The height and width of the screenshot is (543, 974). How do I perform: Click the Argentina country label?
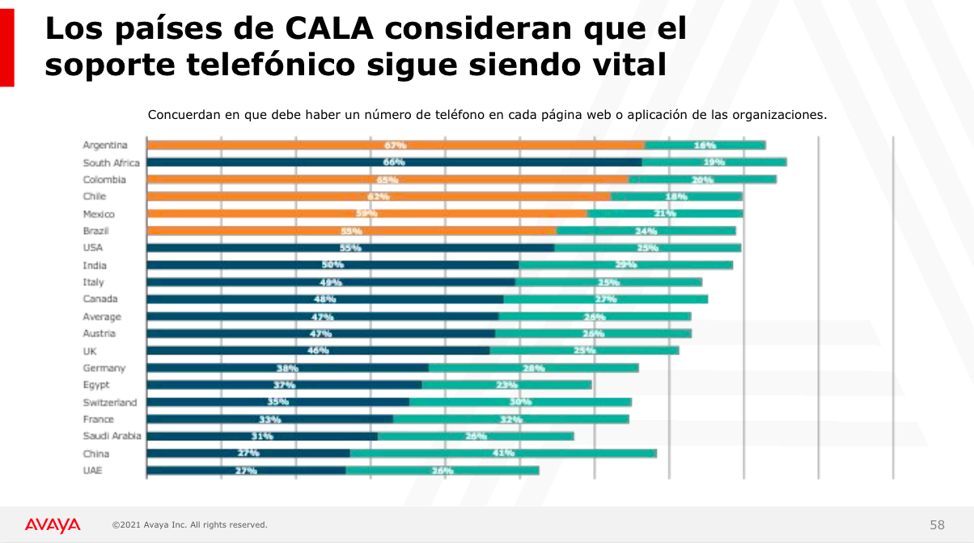pyautogui.click(x=105, y=146)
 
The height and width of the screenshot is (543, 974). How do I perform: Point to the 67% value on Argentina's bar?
pyautogui.click(x=396, y=146)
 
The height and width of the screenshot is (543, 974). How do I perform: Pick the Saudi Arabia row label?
pyautogui.click(x=112, y=436)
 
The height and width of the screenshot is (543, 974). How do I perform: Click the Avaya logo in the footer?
pyautogui.click(x=53, y=525)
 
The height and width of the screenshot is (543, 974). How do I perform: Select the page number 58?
pyautogui.click(x=937, y=524)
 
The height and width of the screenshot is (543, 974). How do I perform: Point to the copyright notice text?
pyautogui.click(x=189, y=525)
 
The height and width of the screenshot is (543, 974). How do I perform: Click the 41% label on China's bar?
pyautogui.click(x=503, y=453)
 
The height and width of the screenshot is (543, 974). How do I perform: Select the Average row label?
pyautogui.click(x=102, y=316)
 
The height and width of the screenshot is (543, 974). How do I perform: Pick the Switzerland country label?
pyautogui.click(x=110, y=402)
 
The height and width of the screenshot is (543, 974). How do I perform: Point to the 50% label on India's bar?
pyautogui.click(x=332, y=265)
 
